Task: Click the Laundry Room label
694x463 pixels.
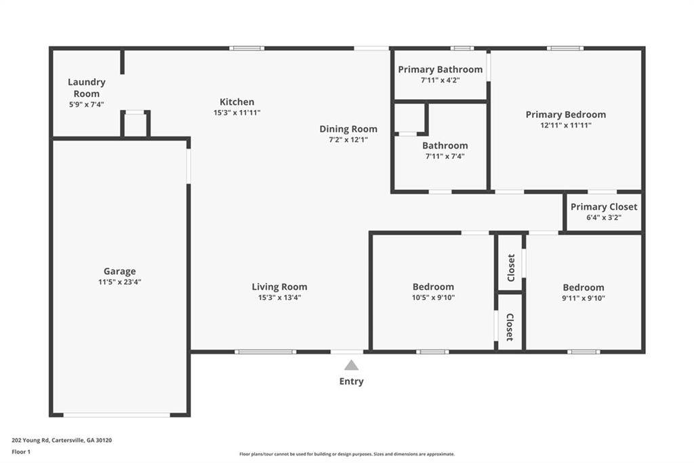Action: pos(86,88)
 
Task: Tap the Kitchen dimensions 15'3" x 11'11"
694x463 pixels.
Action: pos(237,113)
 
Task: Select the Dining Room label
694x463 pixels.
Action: pos(348,129)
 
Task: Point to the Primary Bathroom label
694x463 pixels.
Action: pos(440,70)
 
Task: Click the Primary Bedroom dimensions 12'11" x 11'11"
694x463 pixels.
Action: pos(566,125)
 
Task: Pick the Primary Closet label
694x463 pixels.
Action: pos(604,207)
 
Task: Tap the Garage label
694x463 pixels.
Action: pos(119,272)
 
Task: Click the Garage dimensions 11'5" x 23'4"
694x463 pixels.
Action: pos(119,282)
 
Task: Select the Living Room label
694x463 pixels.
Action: pos(279,287)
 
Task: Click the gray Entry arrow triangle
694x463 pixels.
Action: pos(352,365)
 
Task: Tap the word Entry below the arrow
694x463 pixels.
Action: pos(352,382)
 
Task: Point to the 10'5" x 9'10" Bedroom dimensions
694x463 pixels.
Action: pos(433,297)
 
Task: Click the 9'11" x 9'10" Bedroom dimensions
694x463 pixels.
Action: pos(584,298)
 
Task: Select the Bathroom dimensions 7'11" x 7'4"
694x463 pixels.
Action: pos(445,156)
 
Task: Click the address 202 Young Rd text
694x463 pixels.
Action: pos(30,441)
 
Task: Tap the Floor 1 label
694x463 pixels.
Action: pos(21,452)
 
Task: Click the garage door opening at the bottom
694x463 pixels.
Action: pos(117,415)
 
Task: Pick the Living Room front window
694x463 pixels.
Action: pos(265,352)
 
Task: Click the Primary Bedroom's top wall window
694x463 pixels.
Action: pos(565,48)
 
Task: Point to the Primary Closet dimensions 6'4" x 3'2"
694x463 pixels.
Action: pos(604,218)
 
